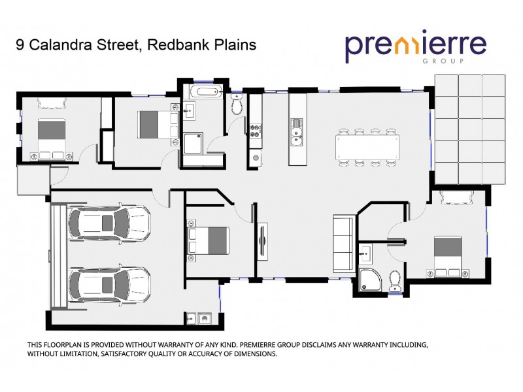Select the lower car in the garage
click(109, 284)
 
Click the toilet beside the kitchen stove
click(237, 103)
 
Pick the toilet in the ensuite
click(394, 281)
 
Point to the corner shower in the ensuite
click(369, 280)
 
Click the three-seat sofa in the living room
click(343, 244)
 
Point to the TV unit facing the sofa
click(263, 242)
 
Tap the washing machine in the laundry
click(205, 319)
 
